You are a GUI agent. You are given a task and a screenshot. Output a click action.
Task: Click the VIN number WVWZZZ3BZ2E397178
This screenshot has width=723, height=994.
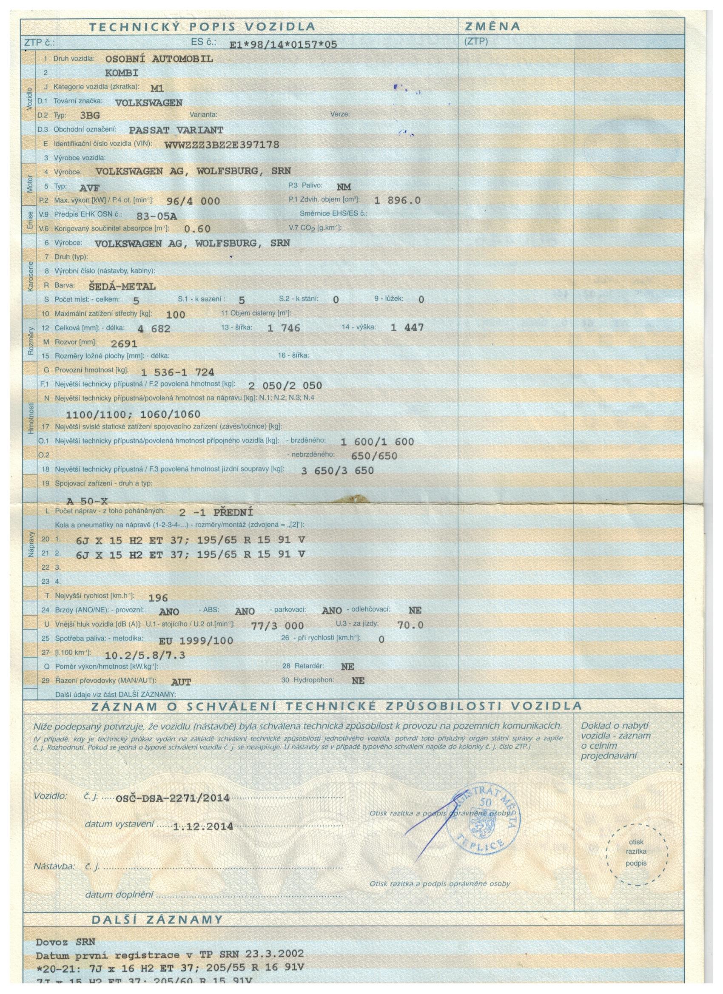[222, 145]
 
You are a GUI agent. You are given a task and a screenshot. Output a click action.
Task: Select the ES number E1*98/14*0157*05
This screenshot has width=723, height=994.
[283, 44]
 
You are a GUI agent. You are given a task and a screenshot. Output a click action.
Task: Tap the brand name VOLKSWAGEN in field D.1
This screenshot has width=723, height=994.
[148, 103]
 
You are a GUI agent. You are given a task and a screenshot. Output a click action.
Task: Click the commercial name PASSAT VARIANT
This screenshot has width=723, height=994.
[176, 130]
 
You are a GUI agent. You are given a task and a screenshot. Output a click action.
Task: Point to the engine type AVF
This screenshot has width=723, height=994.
[89, 188]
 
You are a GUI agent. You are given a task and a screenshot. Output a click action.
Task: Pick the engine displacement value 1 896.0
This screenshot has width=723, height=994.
[397, 200]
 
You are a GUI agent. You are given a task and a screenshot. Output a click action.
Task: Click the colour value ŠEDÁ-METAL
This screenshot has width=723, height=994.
[122, 287]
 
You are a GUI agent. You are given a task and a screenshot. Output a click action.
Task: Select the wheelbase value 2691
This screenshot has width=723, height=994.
[124, 344]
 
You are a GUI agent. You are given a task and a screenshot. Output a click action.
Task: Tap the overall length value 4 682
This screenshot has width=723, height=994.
[154, 329]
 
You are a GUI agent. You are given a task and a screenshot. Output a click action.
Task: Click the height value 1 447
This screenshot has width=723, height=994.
[407, 327]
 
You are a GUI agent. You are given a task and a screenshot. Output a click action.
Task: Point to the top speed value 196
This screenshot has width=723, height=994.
[158, 597]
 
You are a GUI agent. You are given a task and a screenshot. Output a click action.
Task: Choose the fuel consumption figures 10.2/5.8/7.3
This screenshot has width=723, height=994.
[145, 655]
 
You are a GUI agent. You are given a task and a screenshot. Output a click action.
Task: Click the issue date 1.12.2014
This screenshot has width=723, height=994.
[203, 827]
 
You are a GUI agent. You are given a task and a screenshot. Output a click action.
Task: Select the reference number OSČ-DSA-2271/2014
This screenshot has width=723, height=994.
[172, 798]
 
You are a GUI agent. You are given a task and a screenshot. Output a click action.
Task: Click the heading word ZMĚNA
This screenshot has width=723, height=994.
[492, 27]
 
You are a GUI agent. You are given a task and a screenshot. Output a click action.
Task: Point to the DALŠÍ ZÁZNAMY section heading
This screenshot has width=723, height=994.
[157, 919]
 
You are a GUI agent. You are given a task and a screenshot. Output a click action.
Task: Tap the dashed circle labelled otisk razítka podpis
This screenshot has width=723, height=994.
[637, 852]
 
